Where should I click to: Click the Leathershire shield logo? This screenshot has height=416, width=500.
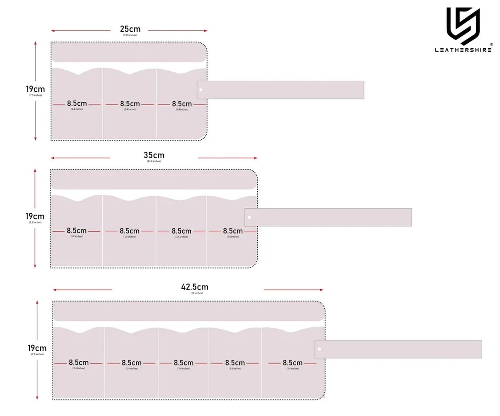pyautogui.click(x=463, y=26)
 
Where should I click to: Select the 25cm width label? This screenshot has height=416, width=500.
pyautogui.click(x=130, y=28)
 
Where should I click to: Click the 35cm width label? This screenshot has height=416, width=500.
pyautogui.click(x=154, y=155)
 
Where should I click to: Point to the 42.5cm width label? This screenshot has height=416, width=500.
pyautogui.click(x=194, y=287)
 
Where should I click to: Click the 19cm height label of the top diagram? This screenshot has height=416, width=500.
pyautogui.click(x=35, y=89)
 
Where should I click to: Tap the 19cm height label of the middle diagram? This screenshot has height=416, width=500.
pyautogui.click(x=35, y=216)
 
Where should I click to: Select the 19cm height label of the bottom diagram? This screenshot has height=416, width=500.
pyautogui.click(x=37, y=348)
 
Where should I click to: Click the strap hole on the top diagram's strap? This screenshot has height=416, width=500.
pyautogui.click(x=201, y=90)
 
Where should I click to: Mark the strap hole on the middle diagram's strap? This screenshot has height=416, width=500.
pyautogui.click(x=249, y=217)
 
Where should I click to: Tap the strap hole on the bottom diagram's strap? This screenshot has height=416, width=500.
pyautogui.click(x=319, y=349)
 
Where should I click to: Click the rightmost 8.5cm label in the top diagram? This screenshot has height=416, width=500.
pyautogui.click(x=182, y=104)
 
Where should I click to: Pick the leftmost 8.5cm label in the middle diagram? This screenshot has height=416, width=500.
pyautogui.click(x=77, y=231)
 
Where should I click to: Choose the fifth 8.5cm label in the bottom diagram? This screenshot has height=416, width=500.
pyautogui.click(x=292, y=363)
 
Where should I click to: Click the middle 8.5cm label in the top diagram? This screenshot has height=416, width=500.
pyautogui.click(x=130, y=104)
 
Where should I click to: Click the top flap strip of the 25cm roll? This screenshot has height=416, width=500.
pyautogui.click(x=129, y=52)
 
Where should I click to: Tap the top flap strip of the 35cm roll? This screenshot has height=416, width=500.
pyautogui.click(x=154, y=179)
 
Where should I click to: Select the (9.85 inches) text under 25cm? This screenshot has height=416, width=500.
pyautogui.click(x=130, y=35)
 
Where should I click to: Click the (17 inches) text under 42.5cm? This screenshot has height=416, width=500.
pyautogui.click(x=196, y=293)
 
